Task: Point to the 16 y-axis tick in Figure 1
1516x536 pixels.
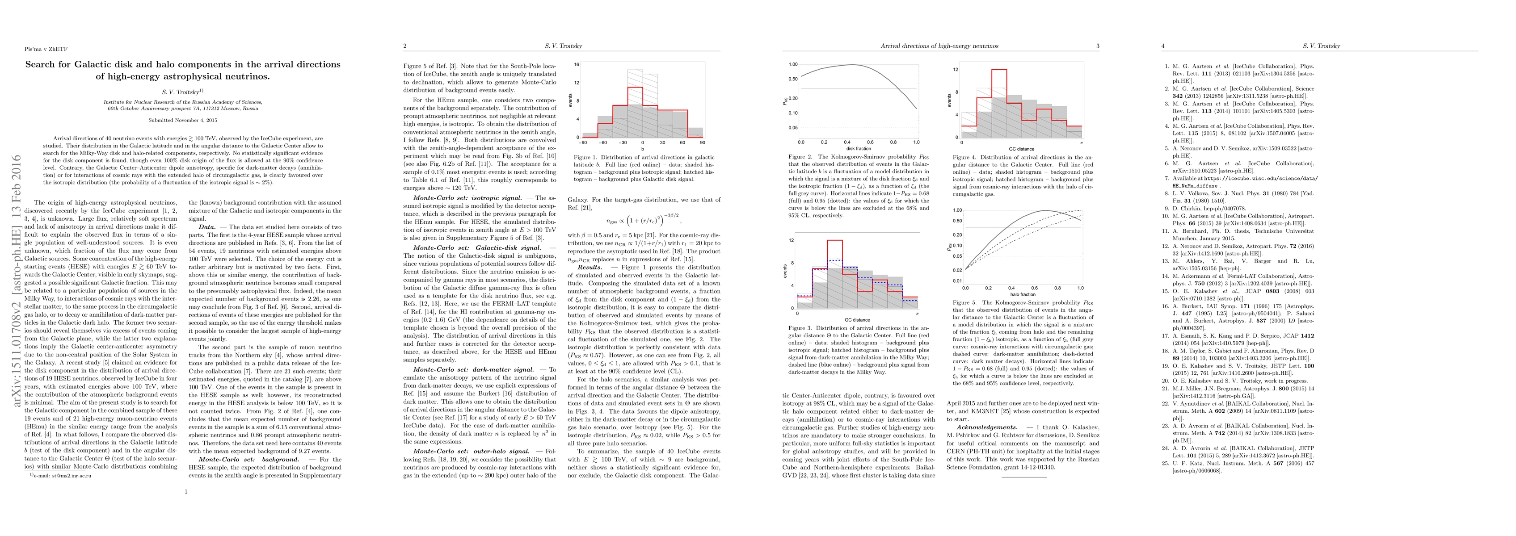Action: pos(577,65)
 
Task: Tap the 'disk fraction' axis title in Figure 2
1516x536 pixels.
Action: pos(859,149)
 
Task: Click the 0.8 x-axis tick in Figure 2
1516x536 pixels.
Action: pos(893,142)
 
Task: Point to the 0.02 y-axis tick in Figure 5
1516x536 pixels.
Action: pos(957,270)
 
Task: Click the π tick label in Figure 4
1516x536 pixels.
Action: pos(1082,142)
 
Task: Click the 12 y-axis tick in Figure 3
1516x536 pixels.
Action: pos(792,240)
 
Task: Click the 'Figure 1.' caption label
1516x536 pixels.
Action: pos(587,158)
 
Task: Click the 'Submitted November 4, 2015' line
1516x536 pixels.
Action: pos(182,121)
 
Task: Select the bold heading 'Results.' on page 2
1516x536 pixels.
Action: pos(589,267)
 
